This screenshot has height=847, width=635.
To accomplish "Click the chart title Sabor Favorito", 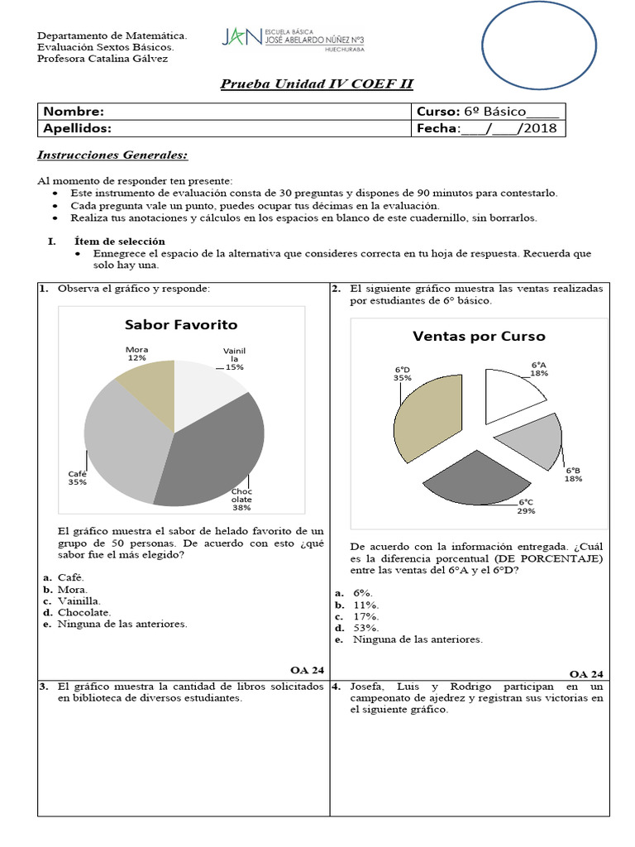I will click(x=180, y=324).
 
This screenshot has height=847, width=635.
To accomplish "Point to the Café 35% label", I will click(x=78, y=478).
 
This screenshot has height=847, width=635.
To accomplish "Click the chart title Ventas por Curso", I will click(x=479, y=336).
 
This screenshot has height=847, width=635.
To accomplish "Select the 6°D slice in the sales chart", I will click(x=427, y=417).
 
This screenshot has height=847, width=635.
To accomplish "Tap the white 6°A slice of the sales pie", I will click(x=513, y=396).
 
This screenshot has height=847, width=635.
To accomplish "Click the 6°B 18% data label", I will click(x=573, y=474).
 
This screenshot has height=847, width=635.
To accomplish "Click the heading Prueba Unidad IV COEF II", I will click(x=317, y=84).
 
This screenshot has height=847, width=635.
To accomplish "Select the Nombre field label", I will click(x=74, y=112).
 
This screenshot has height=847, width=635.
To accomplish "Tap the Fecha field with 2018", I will click(x=487, y=128).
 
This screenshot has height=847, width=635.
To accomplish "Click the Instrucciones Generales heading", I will click(x=113, y=156).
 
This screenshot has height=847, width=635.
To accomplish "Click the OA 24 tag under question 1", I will click(x=307, y=669).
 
